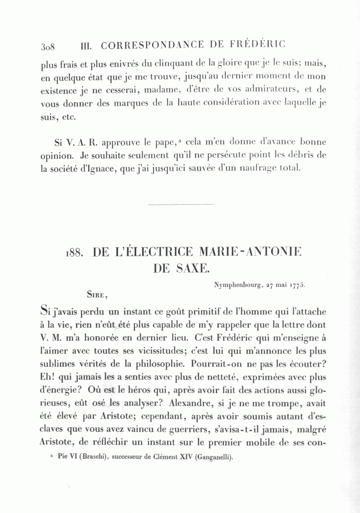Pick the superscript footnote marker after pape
[x=181, y=140]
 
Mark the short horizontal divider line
[x=181, y=204]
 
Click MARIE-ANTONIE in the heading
[x=248, y=252]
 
